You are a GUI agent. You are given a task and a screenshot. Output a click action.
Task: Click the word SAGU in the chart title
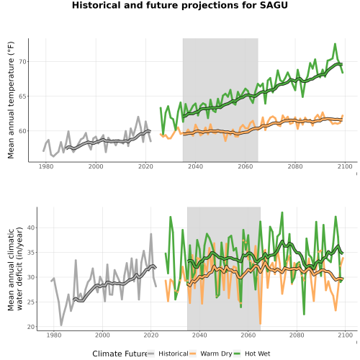pos(274,5)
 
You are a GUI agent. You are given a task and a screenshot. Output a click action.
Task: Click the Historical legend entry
pos(168,354)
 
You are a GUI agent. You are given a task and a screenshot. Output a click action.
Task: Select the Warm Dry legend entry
pos(210,354)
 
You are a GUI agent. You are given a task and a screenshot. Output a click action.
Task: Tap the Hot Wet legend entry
pos(252,354)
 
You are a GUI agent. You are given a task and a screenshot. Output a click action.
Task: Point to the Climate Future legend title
pos(120,354)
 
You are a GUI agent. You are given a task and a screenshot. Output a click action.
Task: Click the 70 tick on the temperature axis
pos(22,62)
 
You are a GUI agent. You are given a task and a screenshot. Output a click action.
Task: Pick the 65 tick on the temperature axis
pos(22,96)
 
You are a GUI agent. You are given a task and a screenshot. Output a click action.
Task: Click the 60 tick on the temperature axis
pos(22,131)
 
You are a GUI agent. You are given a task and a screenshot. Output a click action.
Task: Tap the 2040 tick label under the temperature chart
pos(195,166)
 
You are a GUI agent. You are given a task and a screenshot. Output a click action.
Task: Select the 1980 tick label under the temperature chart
pos(46,166)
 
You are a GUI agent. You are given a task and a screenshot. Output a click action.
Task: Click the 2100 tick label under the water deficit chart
pos(345,335)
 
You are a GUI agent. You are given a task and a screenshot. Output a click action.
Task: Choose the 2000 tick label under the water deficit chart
pos(102,335)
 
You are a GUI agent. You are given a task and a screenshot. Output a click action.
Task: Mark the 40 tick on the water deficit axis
pos(31,228)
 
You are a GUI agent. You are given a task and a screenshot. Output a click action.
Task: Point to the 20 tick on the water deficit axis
pos(31,327)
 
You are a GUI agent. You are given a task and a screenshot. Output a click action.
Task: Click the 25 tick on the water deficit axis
pos(31,302)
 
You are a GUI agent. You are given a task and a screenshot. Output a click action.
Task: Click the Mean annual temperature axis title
pos(11,100)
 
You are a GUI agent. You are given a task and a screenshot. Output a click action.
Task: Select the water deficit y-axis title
pos(15,269)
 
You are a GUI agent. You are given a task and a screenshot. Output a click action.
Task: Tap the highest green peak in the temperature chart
pos(335,44)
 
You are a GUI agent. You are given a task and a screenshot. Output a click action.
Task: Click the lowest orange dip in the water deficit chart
pos(261,323)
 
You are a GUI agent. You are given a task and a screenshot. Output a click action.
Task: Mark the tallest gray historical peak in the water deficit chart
pos(151,234)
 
